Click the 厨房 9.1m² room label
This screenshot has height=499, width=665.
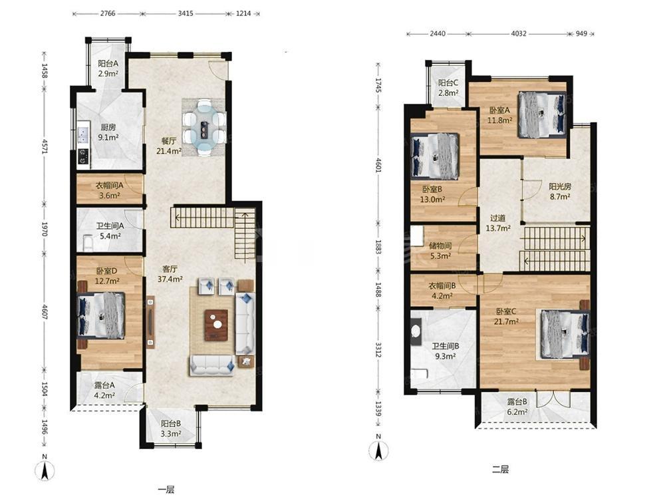tap(108, 132)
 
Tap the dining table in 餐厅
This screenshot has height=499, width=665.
tap(205, 128)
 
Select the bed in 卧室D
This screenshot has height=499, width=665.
tap(101, 315)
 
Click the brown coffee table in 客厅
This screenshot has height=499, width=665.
tap(216, 325)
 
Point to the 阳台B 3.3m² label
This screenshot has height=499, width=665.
tap(171, 428)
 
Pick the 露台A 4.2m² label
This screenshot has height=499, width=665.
tap(104, 391)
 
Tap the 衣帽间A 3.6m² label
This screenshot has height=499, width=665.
tap(110, 190)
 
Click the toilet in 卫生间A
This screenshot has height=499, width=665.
tap(88, 243)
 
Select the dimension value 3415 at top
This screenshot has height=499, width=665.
tap(186, 13)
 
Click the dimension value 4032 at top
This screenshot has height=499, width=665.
tap(518, 33)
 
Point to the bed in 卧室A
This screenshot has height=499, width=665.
tap(542, 115)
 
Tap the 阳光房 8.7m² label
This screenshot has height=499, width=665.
tap(560, 192)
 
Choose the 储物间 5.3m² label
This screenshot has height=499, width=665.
tap(440, 251)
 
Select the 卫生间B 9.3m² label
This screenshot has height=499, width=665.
tap(446, 351)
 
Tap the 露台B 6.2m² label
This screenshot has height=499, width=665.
tap(517, 407)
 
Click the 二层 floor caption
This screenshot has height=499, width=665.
tap(501, 469)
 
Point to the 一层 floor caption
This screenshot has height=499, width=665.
tap(166, 490)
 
